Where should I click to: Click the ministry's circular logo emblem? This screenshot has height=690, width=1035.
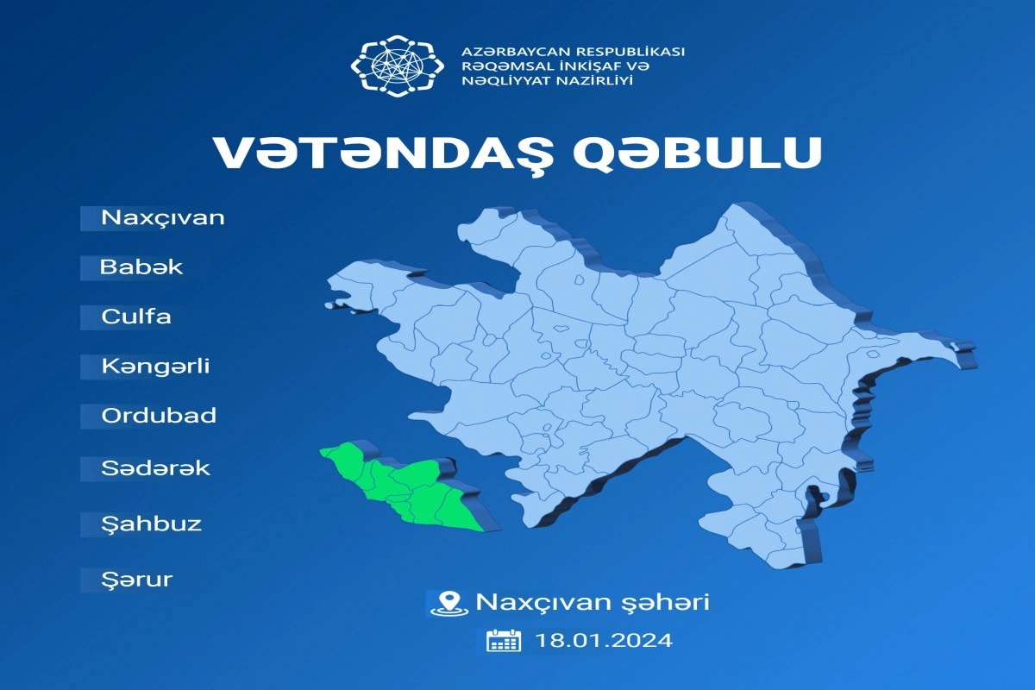pyautogui.click(x=398, y=66)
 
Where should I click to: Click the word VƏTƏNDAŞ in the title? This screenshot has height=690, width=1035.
pyautogui.click(x=384, y=154)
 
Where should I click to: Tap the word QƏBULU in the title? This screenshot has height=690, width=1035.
pyautogui.click(x=698, y=154)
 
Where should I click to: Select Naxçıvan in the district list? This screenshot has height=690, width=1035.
pyautogui.click(x=163, y=217)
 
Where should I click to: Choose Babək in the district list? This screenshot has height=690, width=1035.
pyautogui.click(x=141, y=267)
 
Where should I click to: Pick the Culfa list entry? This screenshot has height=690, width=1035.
pyautogui.click(x=136, y=317)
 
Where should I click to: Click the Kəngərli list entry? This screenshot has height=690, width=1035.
pyautogui.click(x=155, y=366)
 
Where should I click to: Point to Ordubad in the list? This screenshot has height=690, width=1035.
pyautogui.click(x=159, y=416)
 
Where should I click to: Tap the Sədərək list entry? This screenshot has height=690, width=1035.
pyautogui.click(x=156, y=468)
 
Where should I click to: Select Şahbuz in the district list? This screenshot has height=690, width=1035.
pyautogui.click(x=152, y=524)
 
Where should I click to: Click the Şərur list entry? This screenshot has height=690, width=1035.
pyautogui.click(x=137, y=580)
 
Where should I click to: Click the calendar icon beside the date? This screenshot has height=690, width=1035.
pyautogui.click(x=504, y=641)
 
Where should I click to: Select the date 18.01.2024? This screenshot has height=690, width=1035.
pyautogui.click(x=604, y=641)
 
